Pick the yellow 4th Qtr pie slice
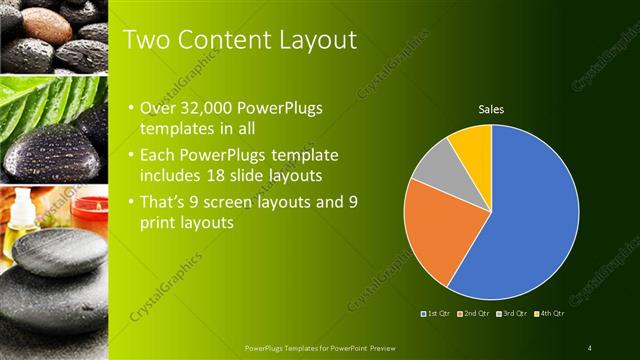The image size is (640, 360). click(x=471, y=144)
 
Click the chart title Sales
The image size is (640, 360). click(x=491, y=109)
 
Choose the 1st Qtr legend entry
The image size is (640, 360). click(x=437, y=315)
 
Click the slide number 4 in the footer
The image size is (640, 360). click(x=589, y=348)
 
